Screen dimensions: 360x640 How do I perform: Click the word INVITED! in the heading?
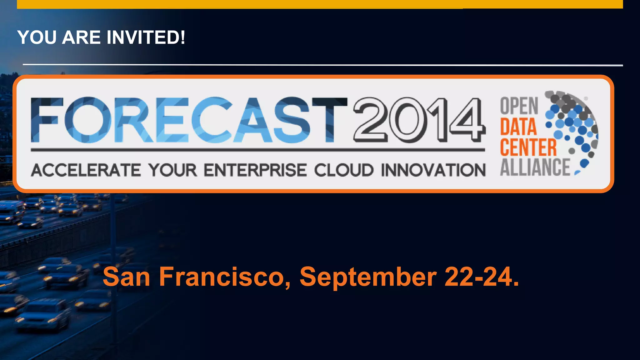click(x=146, y=37)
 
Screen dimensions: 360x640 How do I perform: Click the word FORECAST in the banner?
click(x=189, y=120)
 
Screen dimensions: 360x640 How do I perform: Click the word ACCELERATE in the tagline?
click(x=86, y=170)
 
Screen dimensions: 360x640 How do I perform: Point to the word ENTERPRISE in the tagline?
click(x=255, y=170)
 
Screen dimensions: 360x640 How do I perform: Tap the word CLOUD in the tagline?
click(x=344, y=170)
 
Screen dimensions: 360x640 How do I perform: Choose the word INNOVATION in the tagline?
click(x=433, y=170)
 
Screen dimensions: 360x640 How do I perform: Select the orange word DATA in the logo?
click(x=518, y=127)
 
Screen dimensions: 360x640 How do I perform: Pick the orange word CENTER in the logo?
click(x=528, y=147)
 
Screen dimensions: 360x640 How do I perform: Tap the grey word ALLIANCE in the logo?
click(x=535, y=167)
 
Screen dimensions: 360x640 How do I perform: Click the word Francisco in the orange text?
click(x=225, y=277)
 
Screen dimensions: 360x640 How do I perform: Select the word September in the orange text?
click(x=368, y=277)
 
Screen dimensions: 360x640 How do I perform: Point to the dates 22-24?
click(x=481, y=277)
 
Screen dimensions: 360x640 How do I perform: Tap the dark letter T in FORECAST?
click(x=329, y=120)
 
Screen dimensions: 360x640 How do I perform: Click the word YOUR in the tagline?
click(x=172, y=170)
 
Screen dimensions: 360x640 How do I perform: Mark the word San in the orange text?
click(x=127, y=277)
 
